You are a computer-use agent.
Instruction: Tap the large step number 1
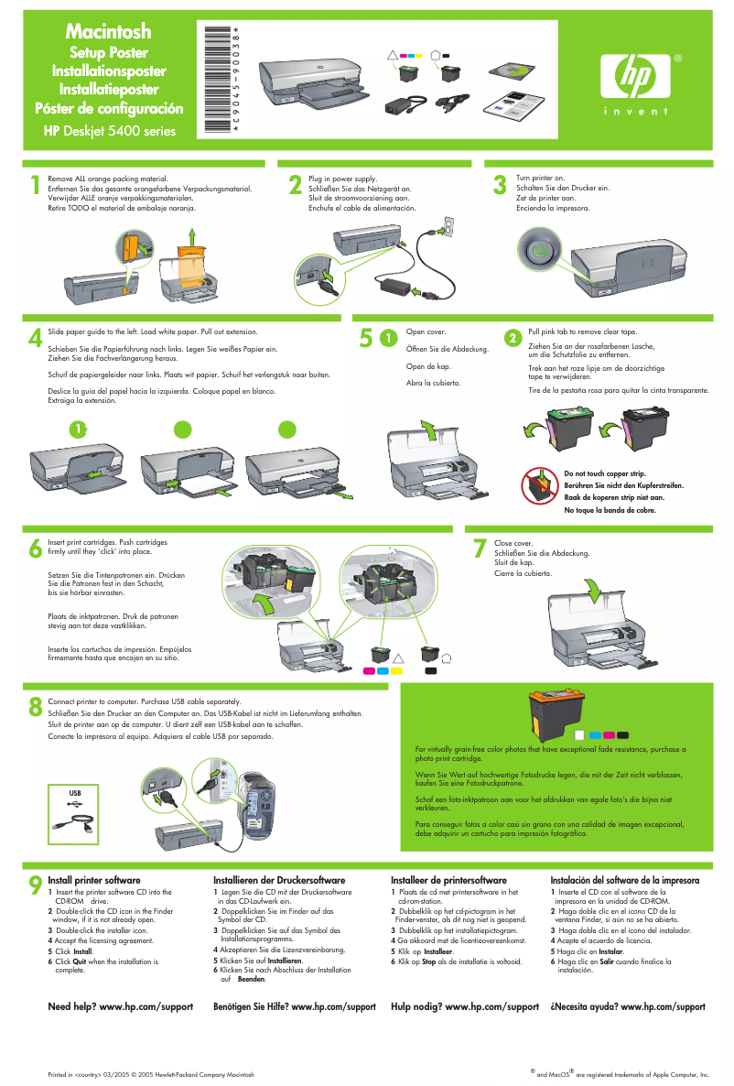(35, 186)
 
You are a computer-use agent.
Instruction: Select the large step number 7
(479, 548)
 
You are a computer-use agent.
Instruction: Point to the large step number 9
(35, 885)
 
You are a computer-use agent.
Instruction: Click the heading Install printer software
(93, 880)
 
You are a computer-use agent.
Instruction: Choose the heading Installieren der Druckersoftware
(278, 880)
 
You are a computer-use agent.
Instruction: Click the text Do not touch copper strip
(605, 473)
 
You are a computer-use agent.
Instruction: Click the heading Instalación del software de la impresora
(624, 880)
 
